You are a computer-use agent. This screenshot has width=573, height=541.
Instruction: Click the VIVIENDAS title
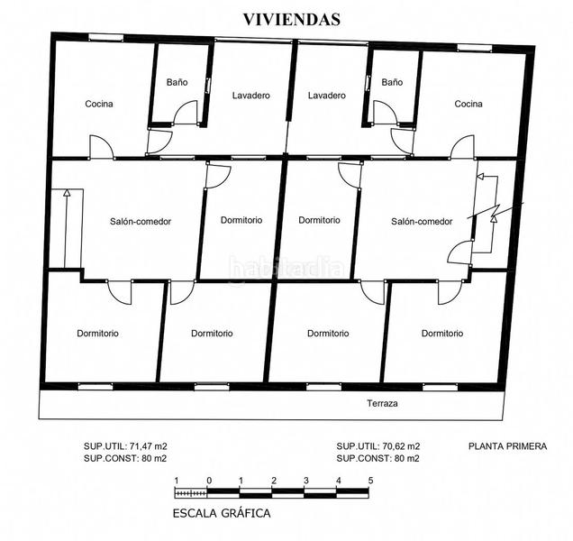pyautogui.click(x=292, y=20)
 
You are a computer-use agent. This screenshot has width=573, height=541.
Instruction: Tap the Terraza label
pyautogui.click(x=382, y=403)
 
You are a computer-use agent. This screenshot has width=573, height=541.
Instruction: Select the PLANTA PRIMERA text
pyautogui.click(x=507, y=446)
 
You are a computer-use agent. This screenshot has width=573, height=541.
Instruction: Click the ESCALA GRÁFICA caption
pyautogui.click(x=222, y=513)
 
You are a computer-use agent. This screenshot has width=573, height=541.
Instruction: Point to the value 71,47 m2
pyautogui.click(x=147, y=446)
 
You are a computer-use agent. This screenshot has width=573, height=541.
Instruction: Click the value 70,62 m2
pyautogui.click(x=401, y=446)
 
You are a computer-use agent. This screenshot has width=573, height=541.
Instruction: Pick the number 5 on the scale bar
pyautogui.click(x=370, y=481)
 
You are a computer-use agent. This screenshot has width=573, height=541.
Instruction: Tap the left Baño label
pyautogui.click(x=177, y=82)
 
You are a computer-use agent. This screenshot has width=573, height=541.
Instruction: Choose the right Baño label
pyautogui.click(x=392, y=82)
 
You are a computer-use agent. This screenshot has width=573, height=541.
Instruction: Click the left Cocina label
pyautogui.click(x=99, y=104)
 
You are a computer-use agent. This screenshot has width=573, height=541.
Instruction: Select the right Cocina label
pyautogui.click(x=468, y=104)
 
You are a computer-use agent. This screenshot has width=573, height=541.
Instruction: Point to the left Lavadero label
pyautogui.click(x=251, y=96)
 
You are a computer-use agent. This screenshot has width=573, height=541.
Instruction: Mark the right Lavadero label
pyautogui.click(x=327, y=96)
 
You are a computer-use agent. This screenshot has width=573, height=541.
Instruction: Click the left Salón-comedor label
pyautogui.click(x=141, y=221)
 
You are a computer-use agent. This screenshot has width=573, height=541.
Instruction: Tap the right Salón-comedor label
pyautogui.click(x=422, y=221)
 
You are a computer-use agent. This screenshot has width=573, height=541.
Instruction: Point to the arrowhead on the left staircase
pyautogui.click(x=67, y=193)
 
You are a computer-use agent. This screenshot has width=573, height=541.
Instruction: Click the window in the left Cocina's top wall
pyautogui.click(x=106, y=37)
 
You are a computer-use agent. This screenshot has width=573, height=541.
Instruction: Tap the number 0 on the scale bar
pyautogui.click(x=209, y=481)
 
